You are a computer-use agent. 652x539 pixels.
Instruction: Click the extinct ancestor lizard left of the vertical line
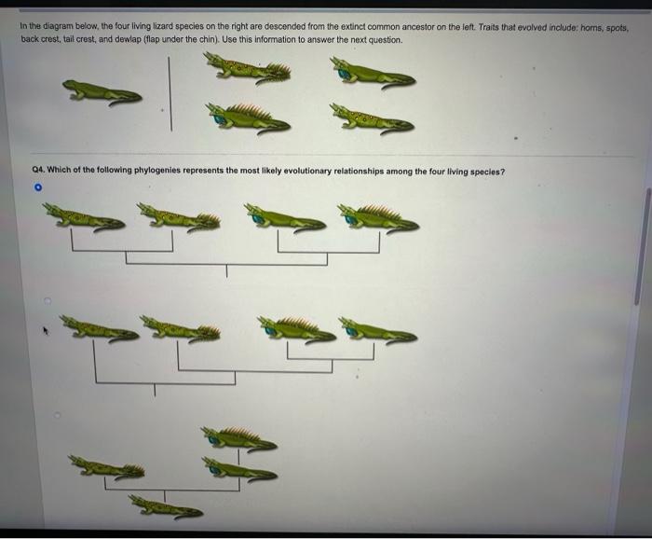pos(102,91)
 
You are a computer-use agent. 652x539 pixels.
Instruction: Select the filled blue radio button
pos(38,187)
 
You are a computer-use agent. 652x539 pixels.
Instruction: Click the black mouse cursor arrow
pos(40,328)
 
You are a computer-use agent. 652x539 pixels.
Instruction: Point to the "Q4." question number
pos(39,171)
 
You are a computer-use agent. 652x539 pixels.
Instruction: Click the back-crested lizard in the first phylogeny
pos(378,220)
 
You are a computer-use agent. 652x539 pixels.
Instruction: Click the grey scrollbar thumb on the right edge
pos(638,247)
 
